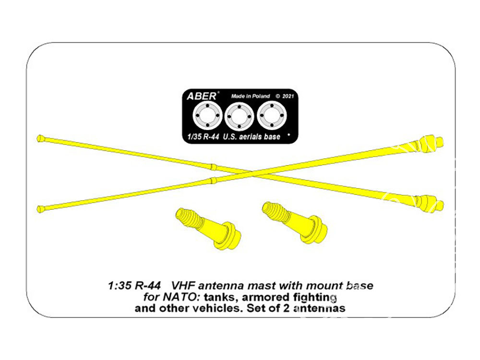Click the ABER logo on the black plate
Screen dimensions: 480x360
(x=202, y=96)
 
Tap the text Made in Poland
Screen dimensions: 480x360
(x=251, y=96)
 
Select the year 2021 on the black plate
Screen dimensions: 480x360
(x=288, y=96)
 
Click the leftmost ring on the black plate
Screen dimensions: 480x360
(x=207, y=116)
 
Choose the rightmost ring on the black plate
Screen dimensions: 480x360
(x=272, y=116)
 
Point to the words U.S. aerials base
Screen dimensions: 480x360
(x=252, y=136)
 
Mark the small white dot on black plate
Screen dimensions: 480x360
(x=288, y=134)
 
